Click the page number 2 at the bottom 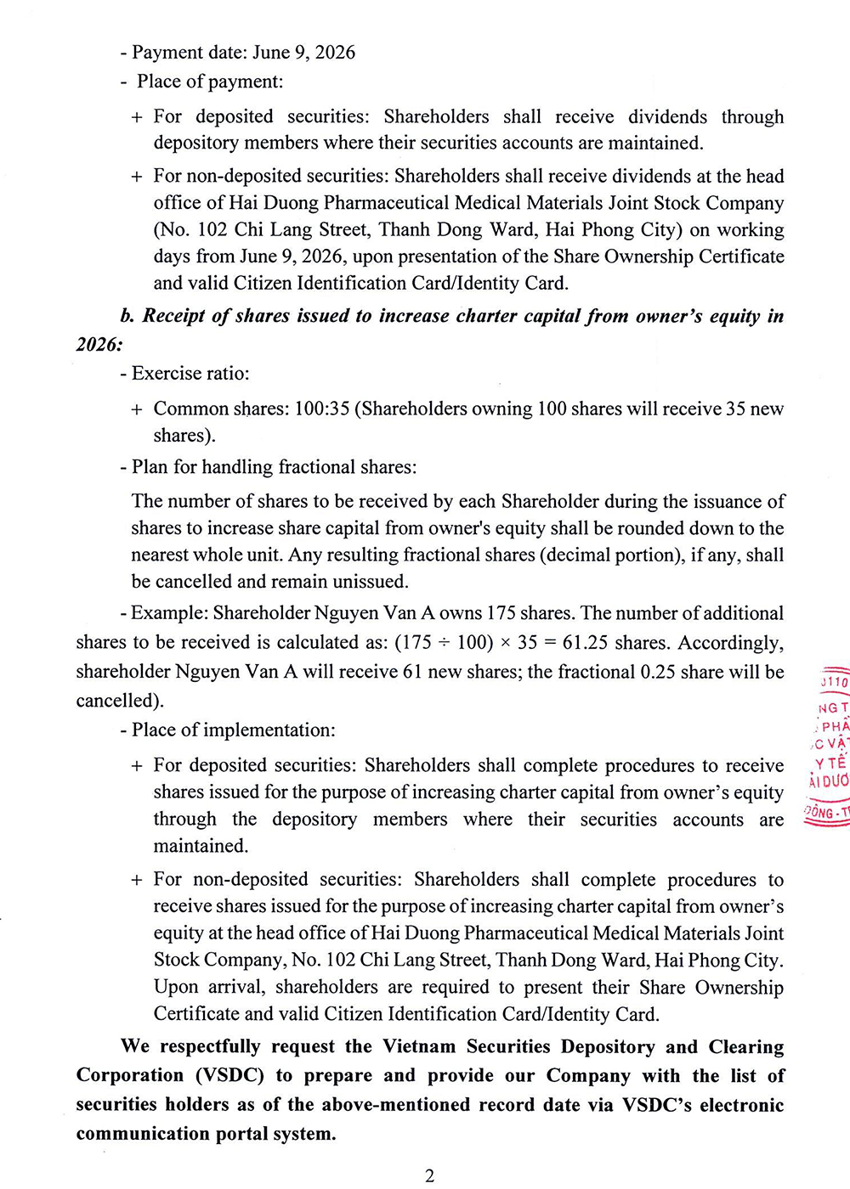[x=429, y=1175]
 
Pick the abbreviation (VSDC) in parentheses [x=230, y=1075]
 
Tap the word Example [x=168, y=613]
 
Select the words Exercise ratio [x=190, y=374]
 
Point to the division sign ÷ [x=444, y=643]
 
